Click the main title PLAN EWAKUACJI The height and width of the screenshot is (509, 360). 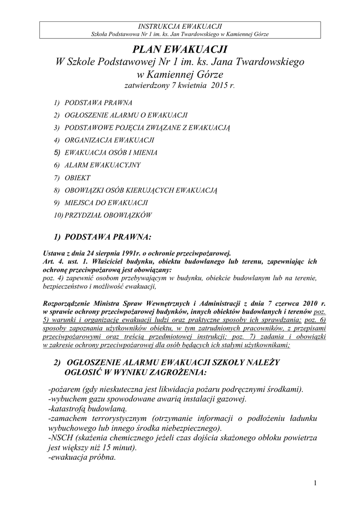180,50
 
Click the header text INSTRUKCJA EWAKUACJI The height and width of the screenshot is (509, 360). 180,26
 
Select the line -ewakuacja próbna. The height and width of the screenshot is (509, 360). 82,458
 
